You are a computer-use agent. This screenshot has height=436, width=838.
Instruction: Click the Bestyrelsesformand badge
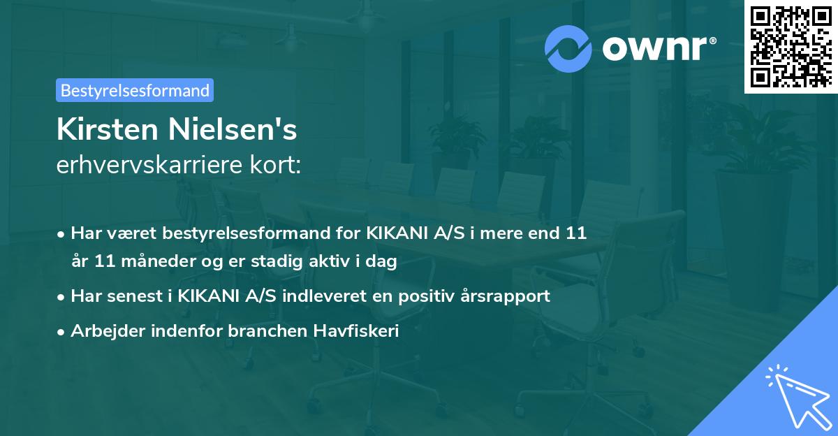(x=135, y=90)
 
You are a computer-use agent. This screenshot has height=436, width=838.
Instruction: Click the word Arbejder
(x=102, y=331)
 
